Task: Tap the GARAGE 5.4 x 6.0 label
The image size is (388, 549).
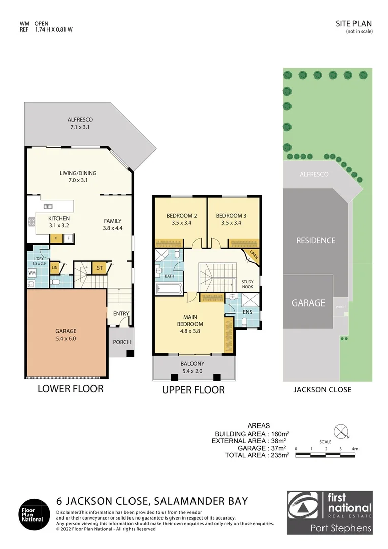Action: click(66, 334)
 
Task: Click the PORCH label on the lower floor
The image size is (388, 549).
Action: click(121, 342)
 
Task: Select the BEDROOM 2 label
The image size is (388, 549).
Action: click(181, 216)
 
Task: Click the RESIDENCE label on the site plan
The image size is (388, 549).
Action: click(315, 240)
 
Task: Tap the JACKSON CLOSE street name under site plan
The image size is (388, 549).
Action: click(322, 390)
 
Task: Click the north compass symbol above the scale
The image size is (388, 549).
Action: click(340, 430)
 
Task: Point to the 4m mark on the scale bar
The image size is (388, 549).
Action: click(355, 449)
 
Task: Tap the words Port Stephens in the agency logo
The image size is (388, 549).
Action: click(341, 528)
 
